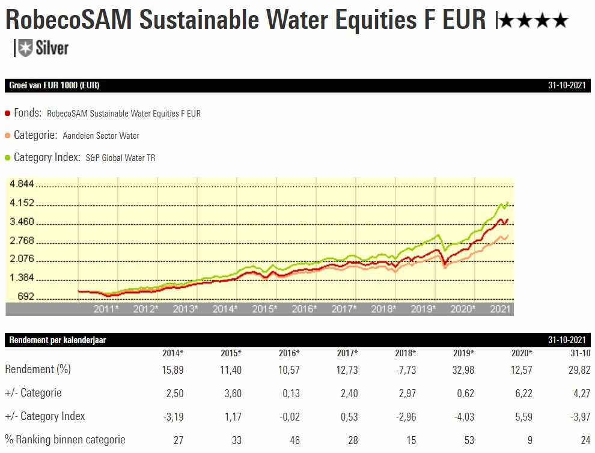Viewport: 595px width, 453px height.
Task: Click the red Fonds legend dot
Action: tap(7, 113)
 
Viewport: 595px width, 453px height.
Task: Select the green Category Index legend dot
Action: tap(7, 157)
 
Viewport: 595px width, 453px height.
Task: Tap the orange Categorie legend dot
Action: tap(7, 135)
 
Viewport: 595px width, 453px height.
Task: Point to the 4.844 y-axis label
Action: tap(22, 184)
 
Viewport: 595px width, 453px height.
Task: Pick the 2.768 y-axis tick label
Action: tap(22, 241)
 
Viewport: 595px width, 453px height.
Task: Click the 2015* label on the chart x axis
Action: tap(264, 309)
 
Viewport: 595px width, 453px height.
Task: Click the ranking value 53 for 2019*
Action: tap(469, 440)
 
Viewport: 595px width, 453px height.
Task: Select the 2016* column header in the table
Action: tap(289, 353)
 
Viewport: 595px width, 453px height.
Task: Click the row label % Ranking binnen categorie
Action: tap(65, 439)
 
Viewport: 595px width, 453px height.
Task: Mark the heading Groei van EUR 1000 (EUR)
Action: tap(54, 85)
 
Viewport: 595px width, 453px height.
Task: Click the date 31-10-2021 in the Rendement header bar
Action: tap(566, 340)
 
